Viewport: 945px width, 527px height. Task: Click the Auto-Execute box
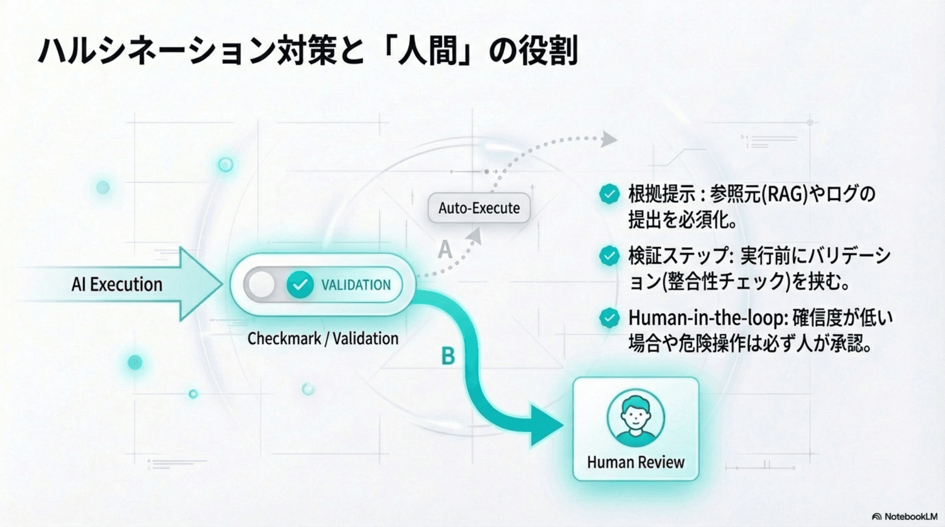479,208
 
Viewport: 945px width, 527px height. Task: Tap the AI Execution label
117,284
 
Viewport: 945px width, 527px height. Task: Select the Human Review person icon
635,418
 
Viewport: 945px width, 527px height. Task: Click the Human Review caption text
635,462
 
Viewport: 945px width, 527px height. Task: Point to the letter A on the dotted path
445,250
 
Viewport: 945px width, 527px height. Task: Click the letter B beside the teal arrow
448,356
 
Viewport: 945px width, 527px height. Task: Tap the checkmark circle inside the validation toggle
300,285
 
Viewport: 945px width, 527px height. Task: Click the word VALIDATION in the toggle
356,285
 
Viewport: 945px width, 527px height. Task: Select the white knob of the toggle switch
261,285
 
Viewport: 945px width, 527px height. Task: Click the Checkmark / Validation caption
323,339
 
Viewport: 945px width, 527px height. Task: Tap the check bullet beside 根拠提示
609,194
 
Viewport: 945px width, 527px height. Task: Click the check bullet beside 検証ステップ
609,256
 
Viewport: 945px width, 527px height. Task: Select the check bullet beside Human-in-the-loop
609,318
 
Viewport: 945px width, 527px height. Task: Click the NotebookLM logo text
910,517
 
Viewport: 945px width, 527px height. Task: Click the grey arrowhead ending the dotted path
609,139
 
